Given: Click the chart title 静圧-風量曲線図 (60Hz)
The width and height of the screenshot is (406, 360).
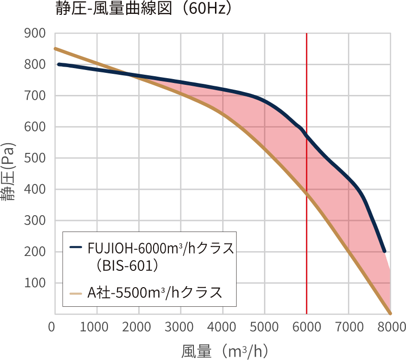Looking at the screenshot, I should [143, 9].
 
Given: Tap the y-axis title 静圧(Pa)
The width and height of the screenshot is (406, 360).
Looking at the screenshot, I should [8, 173].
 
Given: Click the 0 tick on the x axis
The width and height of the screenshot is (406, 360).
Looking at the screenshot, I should [52, 327].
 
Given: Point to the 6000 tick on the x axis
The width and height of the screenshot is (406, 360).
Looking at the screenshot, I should [307, 327].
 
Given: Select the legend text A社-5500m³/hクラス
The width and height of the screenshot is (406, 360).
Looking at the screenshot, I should [155, 292].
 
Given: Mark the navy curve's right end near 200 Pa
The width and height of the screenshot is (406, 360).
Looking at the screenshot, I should [384, 251].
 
